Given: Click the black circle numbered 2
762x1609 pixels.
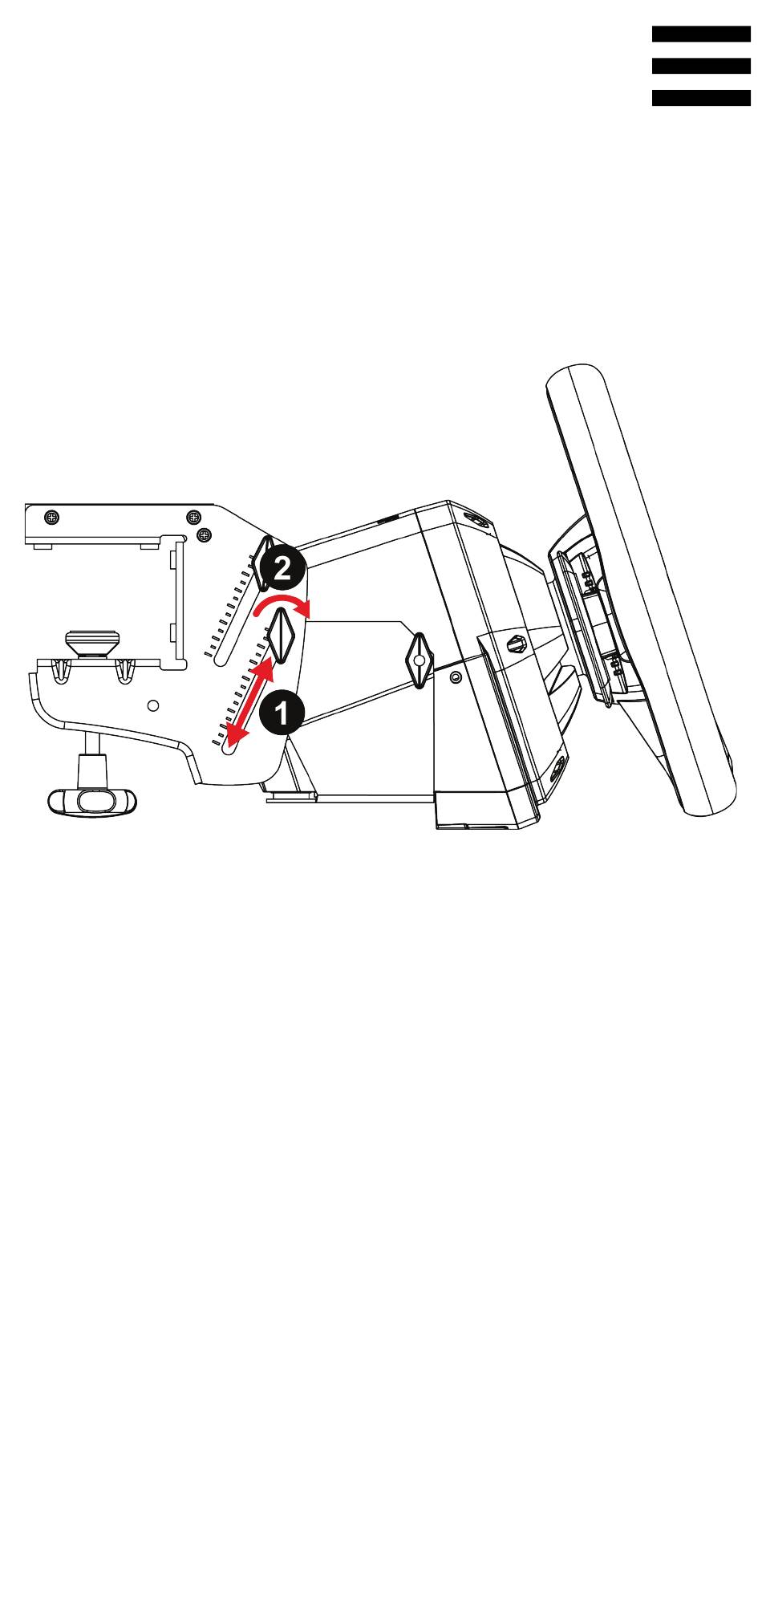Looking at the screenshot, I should (282, 570).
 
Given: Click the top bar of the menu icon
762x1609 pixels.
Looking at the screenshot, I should (701, 35).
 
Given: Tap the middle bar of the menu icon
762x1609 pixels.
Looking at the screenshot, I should (701, 67).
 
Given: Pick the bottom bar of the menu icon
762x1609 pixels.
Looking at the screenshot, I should (701, 98).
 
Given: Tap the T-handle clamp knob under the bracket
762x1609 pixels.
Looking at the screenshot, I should (91, 801).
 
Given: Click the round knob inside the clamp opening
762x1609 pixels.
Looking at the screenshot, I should (92, 643).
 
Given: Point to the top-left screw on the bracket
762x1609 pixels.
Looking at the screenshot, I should (51, 517).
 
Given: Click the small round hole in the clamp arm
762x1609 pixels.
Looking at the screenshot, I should (154, 705).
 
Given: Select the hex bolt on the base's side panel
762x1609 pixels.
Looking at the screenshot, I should (517, 642).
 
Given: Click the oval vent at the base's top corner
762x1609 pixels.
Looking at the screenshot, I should (480, 522).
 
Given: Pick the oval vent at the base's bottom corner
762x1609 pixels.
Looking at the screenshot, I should (556, 770).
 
